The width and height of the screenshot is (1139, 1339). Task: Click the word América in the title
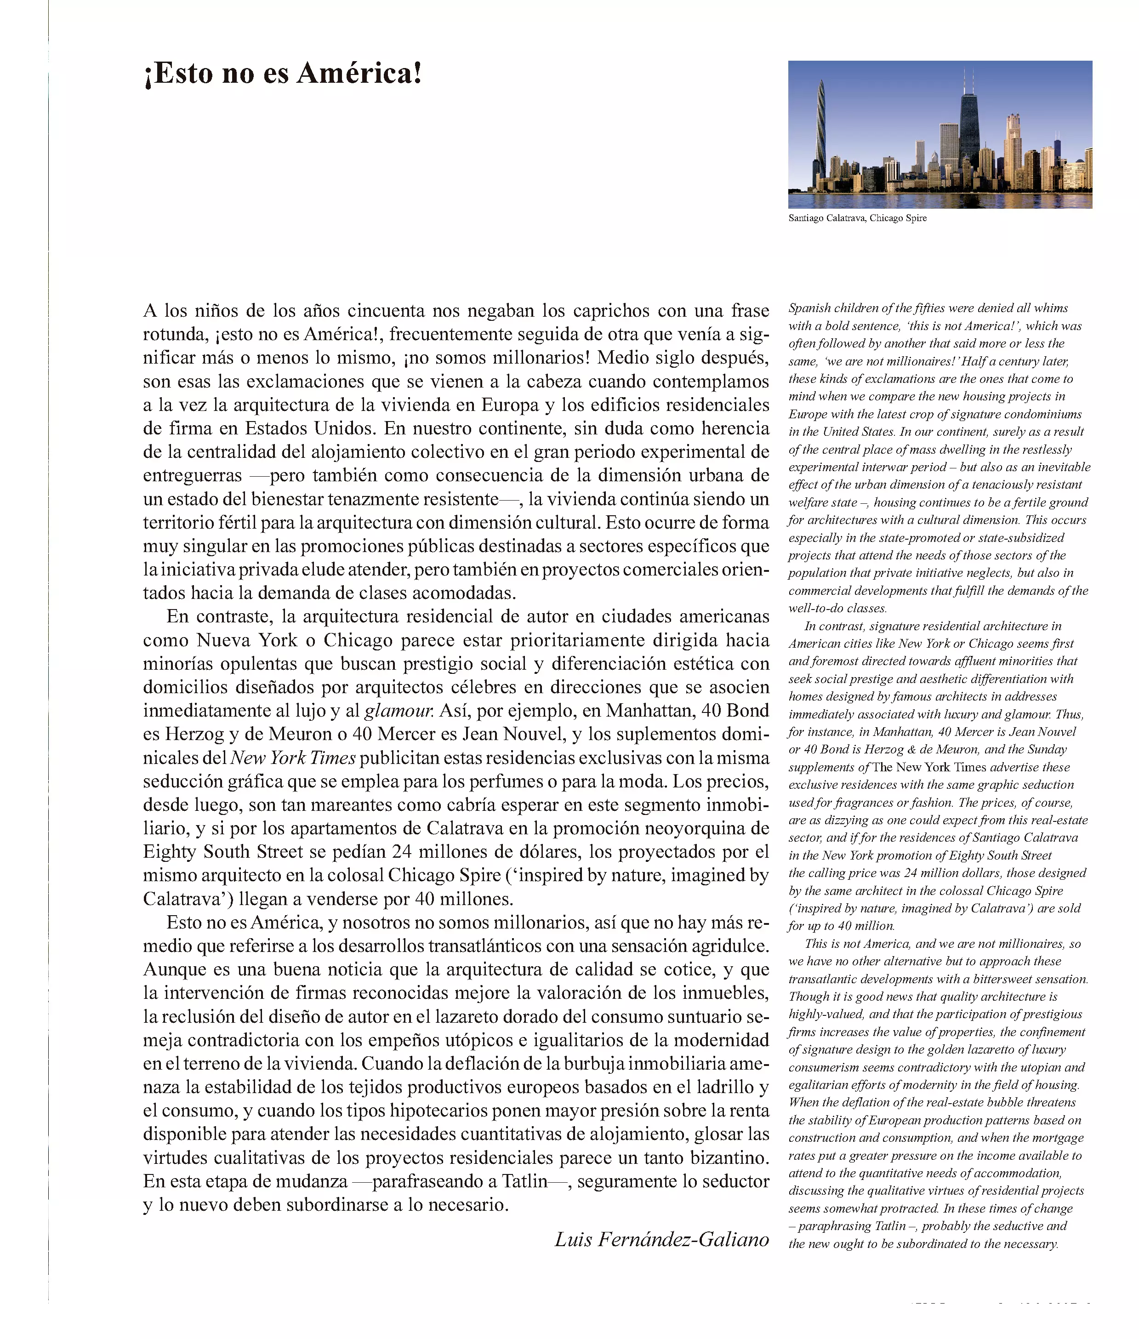359,74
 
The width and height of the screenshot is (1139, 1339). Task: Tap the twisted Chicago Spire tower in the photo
820,132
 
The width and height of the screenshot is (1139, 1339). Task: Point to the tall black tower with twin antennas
968,126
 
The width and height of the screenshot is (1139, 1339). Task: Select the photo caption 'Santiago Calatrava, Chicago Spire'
857,218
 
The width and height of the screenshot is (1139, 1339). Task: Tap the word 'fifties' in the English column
930,308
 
